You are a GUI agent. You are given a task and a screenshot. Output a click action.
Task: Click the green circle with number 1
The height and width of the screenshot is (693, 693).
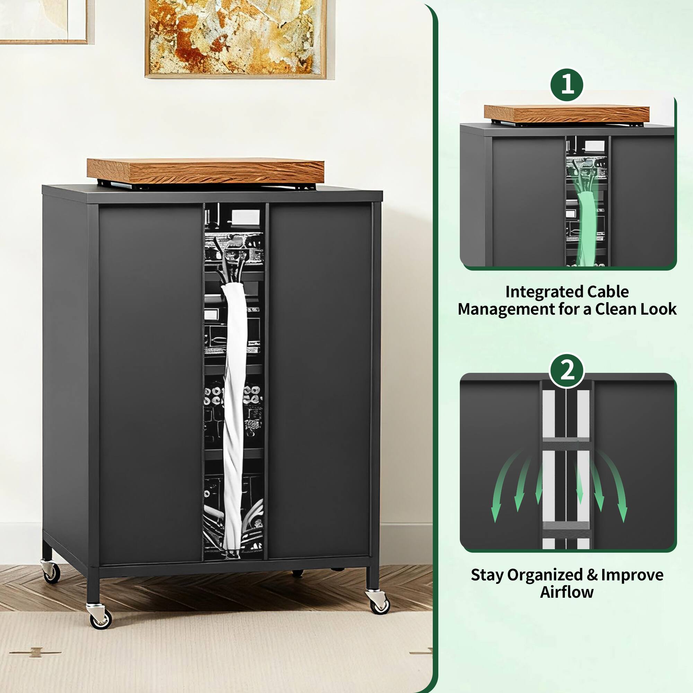coord(567,85)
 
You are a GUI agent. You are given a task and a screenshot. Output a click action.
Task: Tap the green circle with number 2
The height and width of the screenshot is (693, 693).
coord(567,370)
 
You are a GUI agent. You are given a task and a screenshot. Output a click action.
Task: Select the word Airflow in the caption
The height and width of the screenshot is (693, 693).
coord(567,592)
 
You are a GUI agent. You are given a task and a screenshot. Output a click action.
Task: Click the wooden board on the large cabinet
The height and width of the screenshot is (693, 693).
coord(205,170)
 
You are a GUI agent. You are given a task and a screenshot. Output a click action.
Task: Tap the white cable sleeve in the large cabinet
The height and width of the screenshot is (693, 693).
coord(234,412)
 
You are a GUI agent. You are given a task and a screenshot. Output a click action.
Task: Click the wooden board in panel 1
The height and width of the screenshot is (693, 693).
coord(567,113)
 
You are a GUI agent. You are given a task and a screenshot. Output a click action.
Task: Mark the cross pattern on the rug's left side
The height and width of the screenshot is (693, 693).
coord(35,652)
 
